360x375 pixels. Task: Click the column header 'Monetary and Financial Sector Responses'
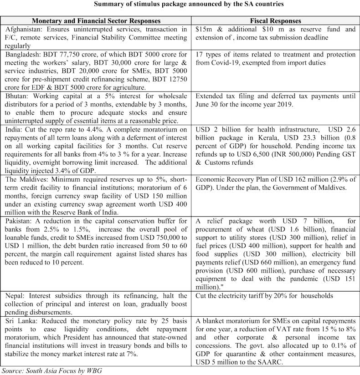96,21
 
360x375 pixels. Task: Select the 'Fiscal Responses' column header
276,21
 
